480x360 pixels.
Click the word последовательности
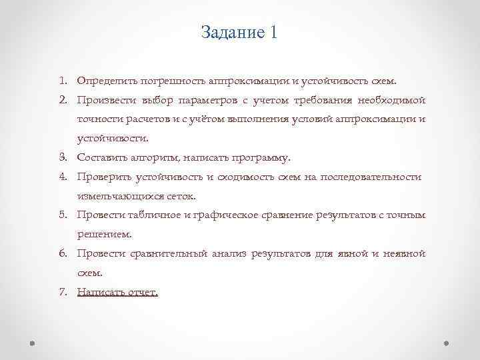coord(371,177)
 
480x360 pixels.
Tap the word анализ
coord(229,254)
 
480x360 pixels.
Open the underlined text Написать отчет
coord(117,292)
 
